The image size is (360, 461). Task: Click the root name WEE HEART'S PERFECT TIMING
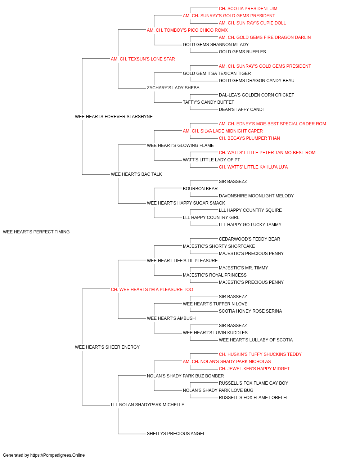pyautogui.click(x=36, y=232)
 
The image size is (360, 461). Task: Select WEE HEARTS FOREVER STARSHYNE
pyautogui.click(x=114, y=117)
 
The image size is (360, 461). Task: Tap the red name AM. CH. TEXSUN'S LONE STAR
pyautogui.click(x=143, y=59)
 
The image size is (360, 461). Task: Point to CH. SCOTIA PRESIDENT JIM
pyautogui.click(x=248, y=9)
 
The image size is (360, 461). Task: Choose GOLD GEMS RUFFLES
pyautogui.click(x=242, y=52)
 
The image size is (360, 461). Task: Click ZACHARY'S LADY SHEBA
pyautogui.click(x=173, y=88)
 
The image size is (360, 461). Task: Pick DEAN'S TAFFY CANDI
pyautogui.click(x=241, y=109)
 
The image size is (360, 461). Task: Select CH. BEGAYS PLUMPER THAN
pyautogui.click(x=249, y=138)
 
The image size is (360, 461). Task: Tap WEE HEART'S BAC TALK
pyautogui.click(x=136, y=174)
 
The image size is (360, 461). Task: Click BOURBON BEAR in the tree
pyautogui.click(x=200, y=189)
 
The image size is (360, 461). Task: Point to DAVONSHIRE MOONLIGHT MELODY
pyautogui.click(x=256, y=196)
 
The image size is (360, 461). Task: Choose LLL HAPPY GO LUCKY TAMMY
pyautogui.click(x=250, y=225)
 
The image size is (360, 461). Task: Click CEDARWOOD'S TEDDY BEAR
pyautogui.click(x=249, y=239)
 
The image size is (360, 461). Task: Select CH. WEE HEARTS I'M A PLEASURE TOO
pyautogui.click(x=152, y=290)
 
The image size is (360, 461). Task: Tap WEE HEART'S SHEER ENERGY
pyautogui.click(x=107, y=347)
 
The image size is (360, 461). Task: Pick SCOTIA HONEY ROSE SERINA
pyautogui.click(x=250, y=311)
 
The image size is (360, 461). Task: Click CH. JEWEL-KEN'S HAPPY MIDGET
pyautogui.click(x=254, y=369)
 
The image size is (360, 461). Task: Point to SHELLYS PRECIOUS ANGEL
pyautogui.click(x=176, y=434)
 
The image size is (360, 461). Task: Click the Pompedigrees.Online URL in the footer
pyautogui.click(x=58, y=455)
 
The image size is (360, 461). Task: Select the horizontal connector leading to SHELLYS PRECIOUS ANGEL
pyautogui.click(x=132, y=434)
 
